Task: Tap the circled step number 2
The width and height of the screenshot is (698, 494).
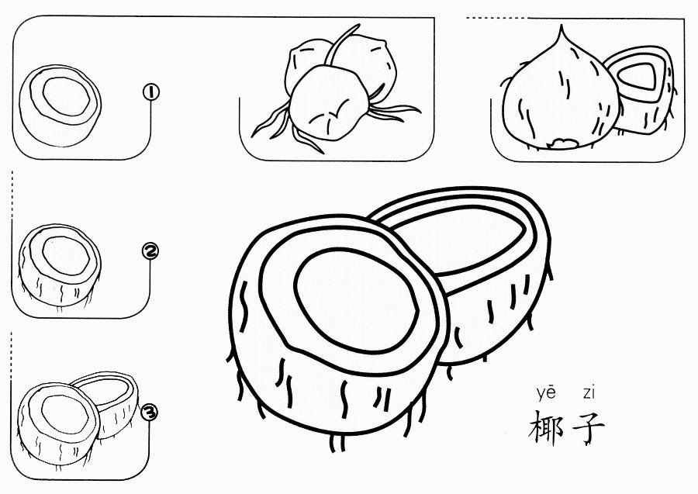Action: coord(151,250)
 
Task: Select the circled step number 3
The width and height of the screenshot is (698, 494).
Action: coord(150,412)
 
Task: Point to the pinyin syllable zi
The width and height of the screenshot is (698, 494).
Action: coord(589,393)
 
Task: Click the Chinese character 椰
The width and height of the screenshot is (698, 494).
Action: coord(546,427)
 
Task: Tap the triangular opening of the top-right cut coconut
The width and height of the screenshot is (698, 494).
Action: coord(639,76)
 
